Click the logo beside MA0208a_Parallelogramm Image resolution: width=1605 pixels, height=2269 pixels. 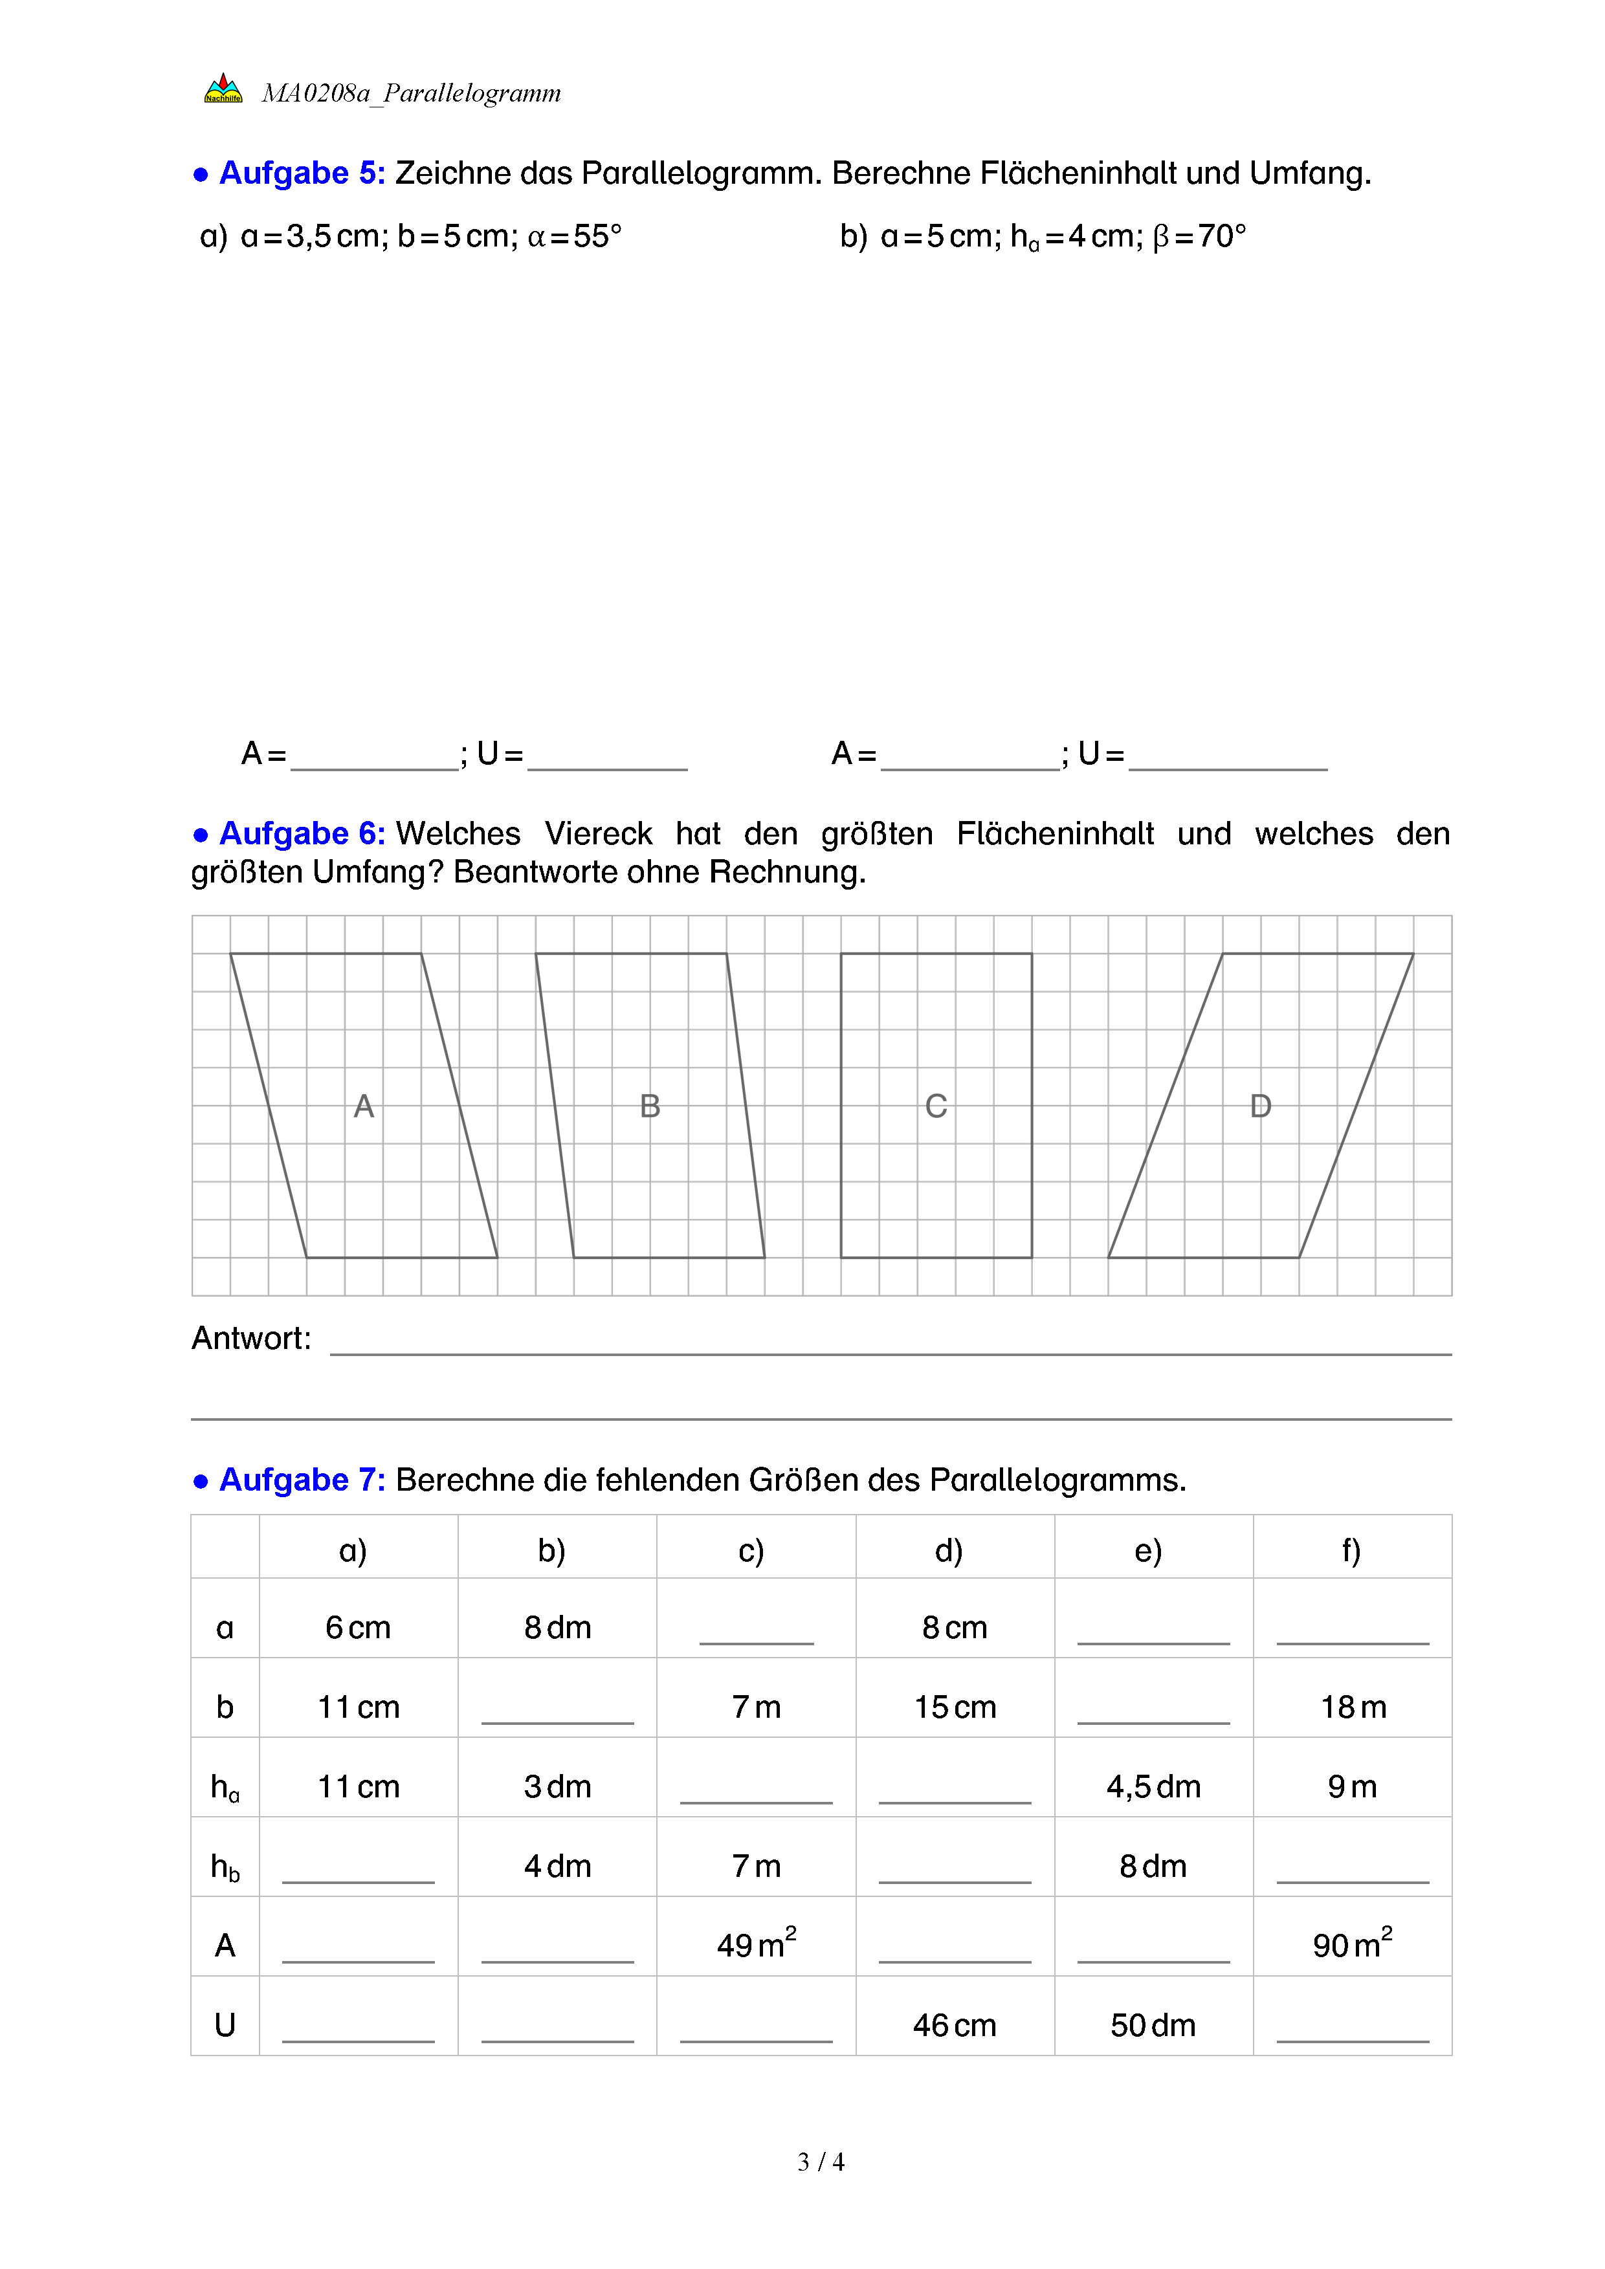click(x=223, y=89)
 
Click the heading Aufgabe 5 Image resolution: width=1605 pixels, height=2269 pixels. click(x=302, y=173)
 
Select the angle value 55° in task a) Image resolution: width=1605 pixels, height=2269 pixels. click(x=597, y=236)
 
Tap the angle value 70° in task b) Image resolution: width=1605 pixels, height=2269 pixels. click(x=1221, y=236)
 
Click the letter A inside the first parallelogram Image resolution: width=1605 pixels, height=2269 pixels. click(x=364, y=1106)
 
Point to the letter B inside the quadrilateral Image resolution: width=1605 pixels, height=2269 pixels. click(x=649, y=1106)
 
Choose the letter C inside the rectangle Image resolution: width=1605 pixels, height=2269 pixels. click(x=936, y=1106)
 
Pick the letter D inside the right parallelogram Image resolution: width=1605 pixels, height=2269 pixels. click(x=1260, y=1106)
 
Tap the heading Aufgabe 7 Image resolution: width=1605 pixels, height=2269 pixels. click(x=302, y=1480)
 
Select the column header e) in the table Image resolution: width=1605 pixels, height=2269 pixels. click(x=1148, y=1551)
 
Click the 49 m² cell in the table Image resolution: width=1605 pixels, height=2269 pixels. click(x=756, y=1944)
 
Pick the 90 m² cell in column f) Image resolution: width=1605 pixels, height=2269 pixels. click(x=1352, y=1944)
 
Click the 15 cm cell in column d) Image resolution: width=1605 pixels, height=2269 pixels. click(x=955, y=1707)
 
